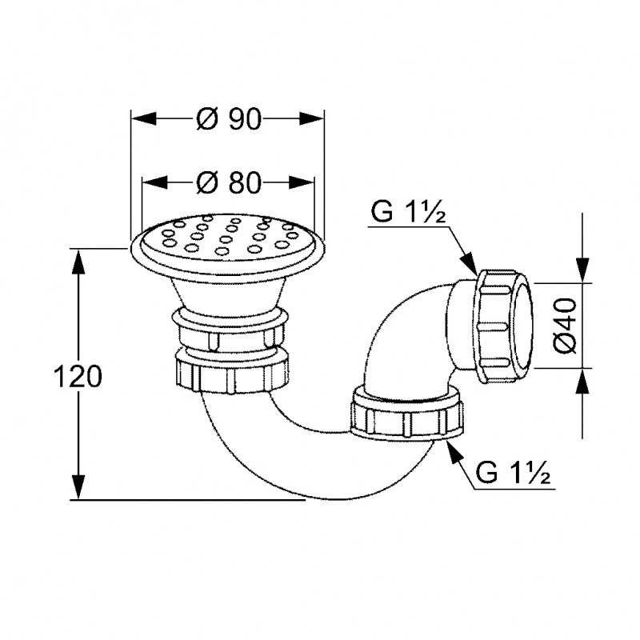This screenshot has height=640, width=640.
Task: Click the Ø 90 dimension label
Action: (228, 118)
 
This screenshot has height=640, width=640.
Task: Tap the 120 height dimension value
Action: (78, 376)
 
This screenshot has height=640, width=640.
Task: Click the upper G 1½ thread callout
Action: (408, 212)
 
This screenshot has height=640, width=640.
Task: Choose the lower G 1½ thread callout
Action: (513, 474)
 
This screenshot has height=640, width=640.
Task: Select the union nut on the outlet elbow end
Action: (504, 326)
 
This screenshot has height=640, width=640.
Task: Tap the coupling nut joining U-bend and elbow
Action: (407, 414)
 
